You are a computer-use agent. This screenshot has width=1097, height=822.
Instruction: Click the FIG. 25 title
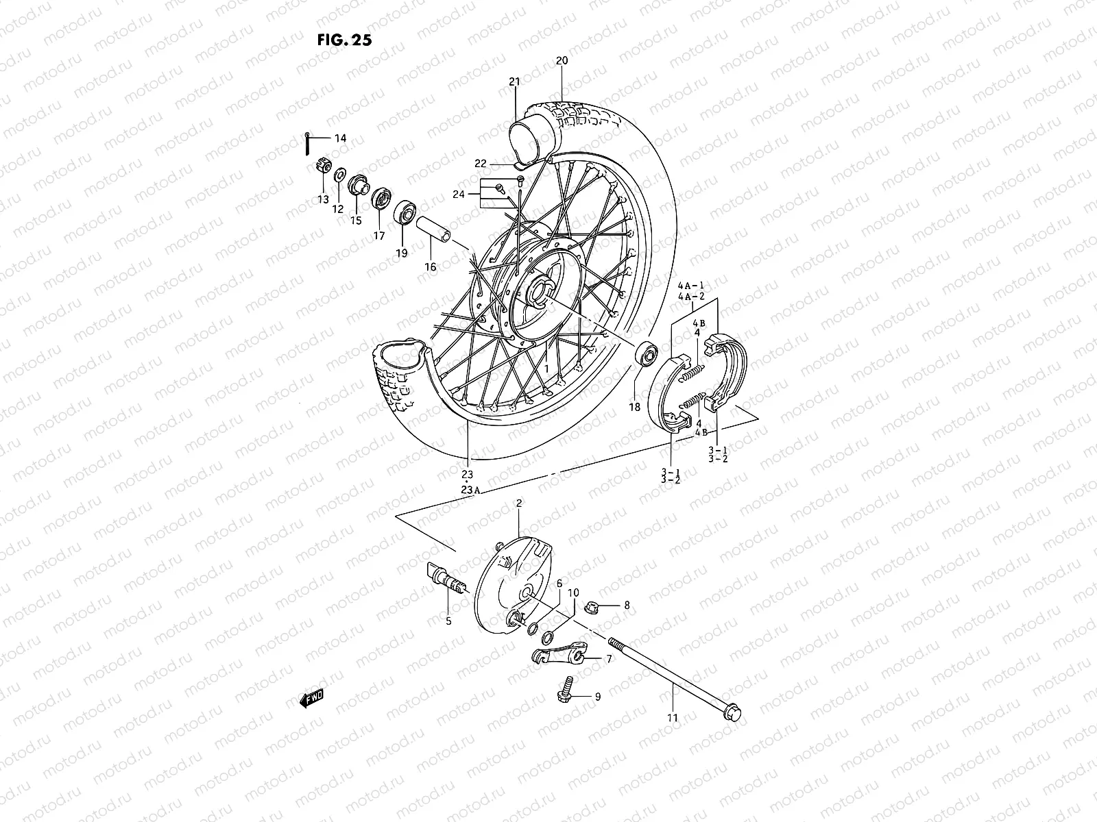coord(344,40)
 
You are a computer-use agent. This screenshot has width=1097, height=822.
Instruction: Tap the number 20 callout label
coord(562,60)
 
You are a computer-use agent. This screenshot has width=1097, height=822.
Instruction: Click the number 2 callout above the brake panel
coord(519,503)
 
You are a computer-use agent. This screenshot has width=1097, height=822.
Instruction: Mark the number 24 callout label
coord(459,195)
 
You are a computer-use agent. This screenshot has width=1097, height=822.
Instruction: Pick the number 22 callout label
coord(500,163)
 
